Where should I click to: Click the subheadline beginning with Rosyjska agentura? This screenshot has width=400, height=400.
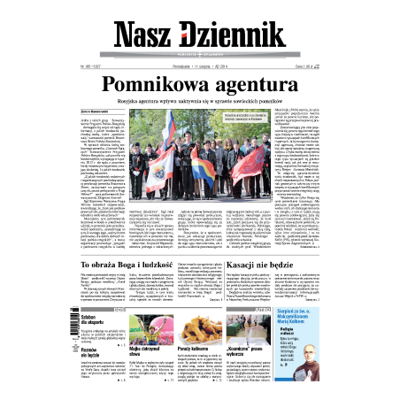pos(200,102)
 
